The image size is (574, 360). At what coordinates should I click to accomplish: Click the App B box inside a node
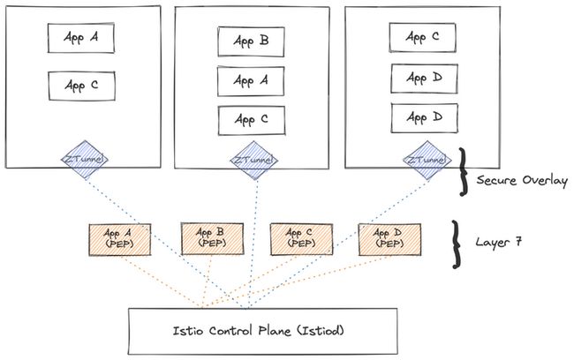click(251, 41)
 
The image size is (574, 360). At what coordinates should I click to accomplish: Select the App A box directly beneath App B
click(251, 81)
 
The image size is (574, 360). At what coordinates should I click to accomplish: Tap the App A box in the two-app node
click(81, 38)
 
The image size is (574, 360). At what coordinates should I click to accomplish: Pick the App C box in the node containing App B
click(252, 120)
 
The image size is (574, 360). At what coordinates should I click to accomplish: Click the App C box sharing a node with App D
click(422, 37)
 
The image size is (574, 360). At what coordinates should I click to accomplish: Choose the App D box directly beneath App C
click(424, 79)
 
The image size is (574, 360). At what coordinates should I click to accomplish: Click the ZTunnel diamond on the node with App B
click(254, 161)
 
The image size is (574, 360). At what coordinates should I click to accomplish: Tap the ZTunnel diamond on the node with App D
click(427, 160)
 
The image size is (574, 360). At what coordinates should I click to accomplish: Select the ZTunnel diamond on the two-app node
click(85, 160)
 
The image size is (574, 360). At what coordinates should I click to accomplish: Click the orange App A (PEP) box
click(120, 240)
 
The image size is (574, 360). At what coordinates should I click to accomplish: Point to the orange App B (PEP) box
click(212, 239)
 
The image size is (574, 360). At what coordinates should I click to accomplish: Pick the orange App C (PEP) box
click(301, 239)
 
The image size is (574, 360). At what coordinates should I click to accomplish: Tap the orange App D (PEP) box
click(389, 239)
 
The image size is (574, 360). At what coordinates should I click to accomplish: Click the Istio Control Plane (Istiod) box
click(262, 331)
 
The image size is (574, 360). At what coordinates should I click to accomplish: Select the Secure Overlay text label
click(523, 180)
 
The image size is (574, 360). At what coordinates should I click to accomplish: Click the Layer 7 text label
click(498, 242)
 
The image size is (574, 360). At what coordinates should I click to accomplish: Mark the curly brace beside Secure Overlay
click(464, 171)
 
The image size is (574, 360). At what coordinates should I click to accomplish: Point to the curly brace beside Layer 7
click(456, 244)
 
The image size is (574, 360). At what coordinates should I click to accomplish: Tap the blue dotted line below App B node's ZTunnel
click(253, 244)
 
